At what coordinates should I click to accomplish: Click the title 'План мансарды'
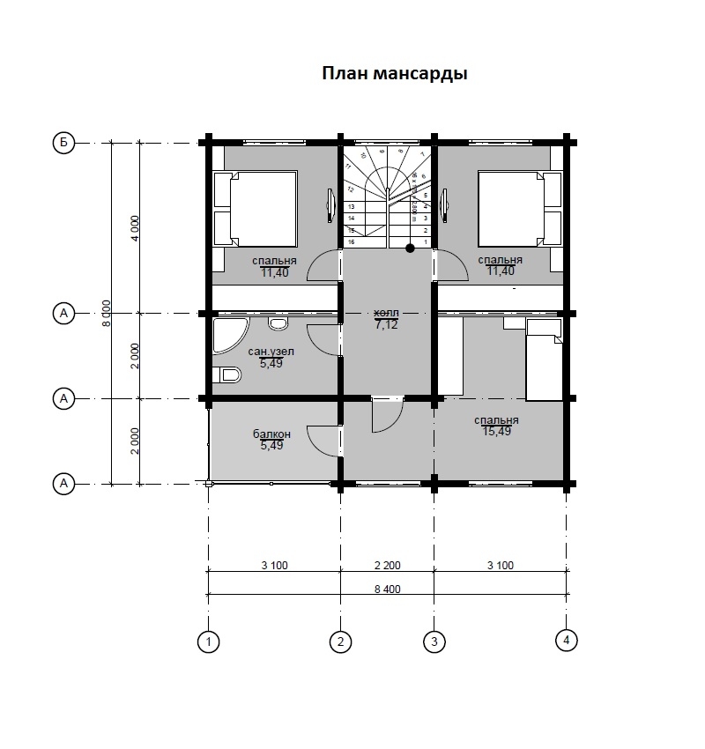click(x=394, y=74)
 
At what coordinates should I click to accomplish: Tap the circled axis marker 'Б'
click(x=63, y=142)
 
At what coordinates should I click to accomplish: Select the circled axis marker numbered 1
click(x=208, y=641)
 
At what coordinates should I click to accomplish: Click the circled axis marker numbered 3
click(x=433, y=641)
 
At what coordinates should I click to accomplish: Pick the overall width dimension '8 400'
click(x=387, y=589)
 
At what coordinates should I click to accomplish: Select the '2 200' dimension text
click(x=387, y=565)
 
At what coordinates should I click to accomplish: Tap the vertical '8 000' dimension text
click(x=106, y=313)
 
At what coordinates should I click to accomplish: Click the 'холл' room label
click(x=386, y=313)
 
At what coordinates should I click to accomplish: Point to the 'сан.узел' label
click(x=271, y=352)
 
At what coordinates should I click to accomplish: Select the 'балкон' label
click(x=271, y=434)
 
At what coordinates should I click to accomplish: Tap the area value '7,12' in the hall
click(x=386, y=324)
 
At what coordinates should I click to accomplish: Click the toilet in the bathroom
click(x=227, y=375)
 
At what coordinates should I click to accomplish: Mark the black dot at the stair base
click(x=410, y=248)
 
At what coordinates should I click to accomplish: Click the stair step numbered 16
click(x=352, y=241)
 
